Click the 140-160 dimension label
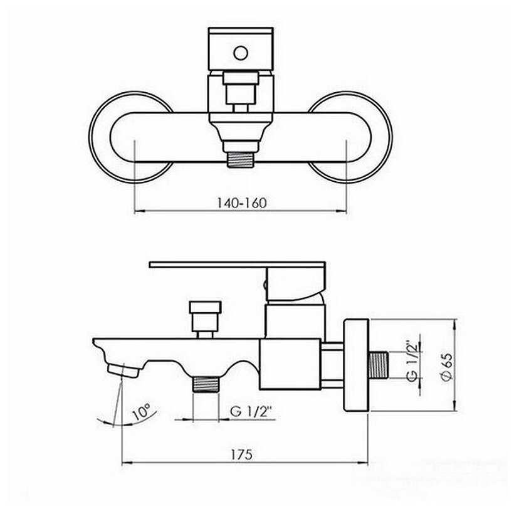point(242,203)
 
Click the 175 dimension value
point(242,454)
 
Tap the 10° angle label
point(142,412)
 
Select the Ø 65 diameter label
point(448,367)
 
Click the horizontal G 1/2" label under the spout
point(251,411)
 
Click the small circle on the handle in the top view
point(241,53)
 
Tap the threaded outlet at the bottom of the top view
point(241,159)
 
